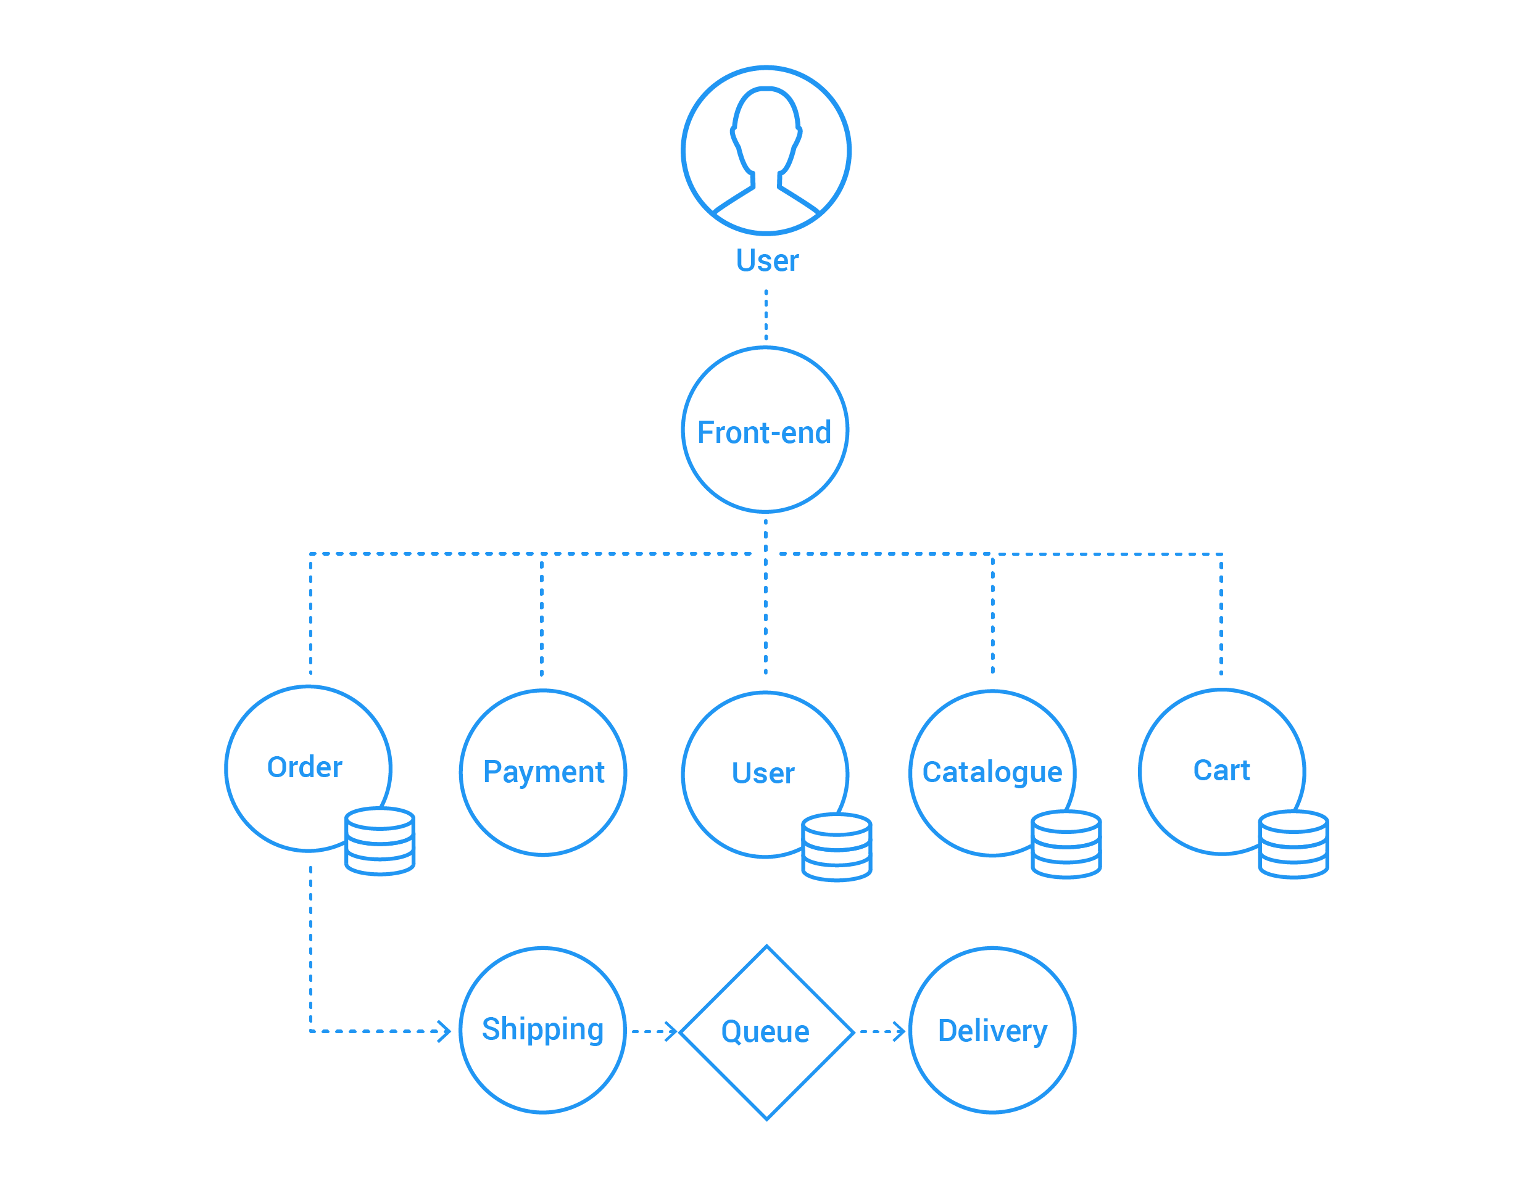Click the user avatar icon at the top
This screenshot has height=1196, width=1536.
766,151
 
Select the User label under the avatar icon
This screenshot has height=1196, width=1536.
767,261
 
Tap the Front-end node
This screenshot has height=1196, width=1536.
765,429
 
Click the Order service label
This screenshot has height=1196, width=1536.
304,767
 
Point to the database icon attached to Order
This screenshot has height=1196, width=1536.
380,841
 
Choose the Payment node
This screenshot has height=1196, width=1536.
543,773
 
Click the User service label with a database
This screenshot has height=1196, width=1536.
763,773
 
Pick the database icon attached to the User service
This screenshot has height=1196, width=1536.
837,848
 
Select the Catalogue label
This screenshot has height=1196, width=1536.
992,772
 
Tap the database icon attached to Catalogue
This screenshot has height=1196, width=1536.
1066,844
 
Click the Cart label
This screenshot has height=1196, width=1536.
1222,770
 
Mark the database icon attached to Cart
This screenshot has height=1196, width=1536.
1293,844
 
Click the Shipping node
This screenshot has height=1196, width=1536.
543,1030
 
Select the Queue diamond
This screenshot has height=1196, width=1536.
766,1032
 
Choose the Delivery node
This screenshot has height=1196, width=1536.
992,1030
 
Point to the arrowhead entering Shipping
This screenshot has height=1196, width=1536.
445,1031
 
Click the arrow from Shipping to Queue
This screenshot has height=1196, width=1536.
654,1031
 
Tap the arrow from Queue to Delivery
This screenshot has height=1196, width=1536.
882,1031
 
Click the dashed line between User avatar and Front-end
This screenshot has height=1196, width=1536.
766,315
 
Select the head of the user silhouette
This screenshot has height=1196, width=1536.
766,130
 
